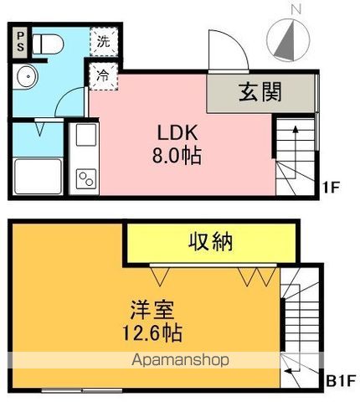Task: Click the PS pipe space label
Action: (x=20, y=42)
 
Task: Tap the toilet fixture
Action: (x=48, y=44)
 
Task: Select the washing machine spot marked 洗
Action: (x=104, y=41)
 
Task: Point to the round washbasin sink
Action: (x=27, y=76)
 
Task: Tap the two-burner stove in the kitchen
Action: (x=86, y=178)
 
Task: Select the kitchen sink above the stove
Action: (x=86, y=135)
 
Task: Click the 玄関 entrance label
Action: (x=260, y=92)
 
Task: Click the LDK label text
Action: (x=177, y=132)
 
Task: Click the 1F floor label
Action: (x=332, y=188)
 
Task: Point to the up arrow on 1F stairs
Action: (x=296, y=152)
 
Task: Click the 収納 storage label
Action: (x=211, y=242)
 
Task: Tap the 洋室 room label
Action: (x=152, y=310)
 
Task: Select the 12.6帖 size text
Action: (x=152, y=333)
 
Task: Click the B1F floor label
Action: (x=341, y=380)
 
